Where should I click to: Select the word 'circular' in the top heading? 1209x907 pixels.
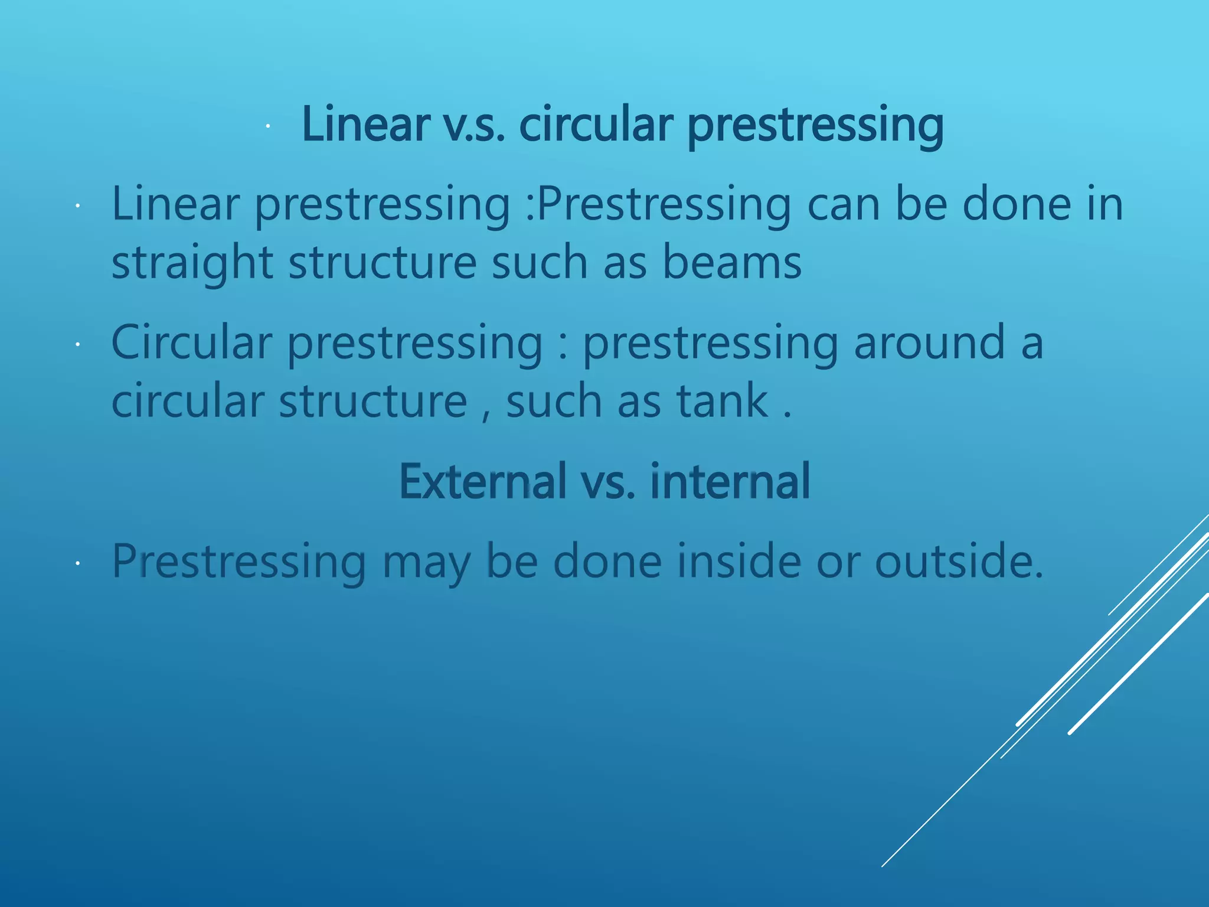click(596, 125)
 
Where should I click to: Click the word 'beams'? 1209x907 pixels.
click(731, 262)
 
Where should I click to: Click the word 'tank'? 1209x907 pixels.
click(722, 401)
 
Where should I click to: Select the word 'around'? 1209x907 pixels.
click(929, 342)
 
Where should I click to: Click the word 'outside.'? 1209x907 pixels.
click(959, 561)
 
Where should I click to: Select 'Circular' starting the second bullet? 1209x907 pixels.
click(191, 342)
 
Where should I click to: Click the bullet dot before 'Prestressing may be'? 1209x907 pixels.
click(77, 564)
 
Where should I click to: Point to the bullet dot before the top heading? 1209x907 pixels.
click(267, 126)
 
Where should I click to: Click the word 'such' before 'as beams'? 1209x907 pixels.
click(540, 262)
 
